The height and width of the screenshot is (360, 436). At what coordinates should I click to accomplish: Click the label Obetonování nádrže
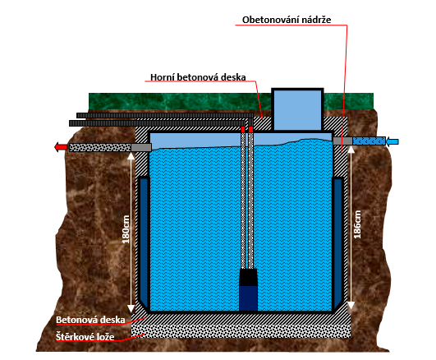click(x=287, y=20)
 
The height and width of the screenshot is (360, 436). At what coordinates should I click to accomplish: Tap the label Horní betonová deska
click(x=198, y=77)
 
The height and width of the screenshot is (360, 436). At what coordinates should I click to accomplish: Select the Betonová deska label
click(x=90, y=320)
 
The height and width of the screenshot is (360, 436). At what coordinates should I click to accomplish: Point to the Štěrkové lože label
click(x=85, y=337)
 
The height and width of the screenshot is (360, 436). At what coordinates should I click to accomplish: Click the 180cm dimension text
click(x=126, y=229)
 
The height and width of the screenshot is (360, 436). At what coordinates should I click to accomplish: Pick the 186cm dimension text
click(x=357, y=224)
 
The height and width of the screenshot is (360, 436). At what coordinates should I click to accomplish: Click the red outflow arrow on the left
click(x=61, y=147)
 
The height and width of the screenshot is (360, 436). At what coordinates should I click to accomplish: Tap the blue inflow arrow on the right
click(x=392, y=141)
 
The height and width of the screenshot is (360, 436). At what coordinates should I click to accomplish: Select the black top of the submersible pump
click(x=248, y=277)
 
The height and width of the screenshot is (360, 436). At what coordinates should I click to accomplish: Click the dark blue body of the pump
click(x=248, y=298)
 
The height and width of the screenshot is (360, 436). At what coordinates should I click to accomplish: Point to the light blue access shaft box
click(x=297, y=109)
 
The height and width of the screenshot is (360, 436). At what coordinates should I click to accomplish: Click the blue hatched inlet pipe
click(x=369, y=141)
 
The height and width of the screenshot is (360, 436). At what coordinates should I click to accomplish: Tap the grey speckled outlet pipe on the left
click(x=100, y=148)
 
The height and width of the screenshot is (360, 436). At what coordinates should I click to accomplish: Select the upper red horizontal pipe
click(x=165, y=116)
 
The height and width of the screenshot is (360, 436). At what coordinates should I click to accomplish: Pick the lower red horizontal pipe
click(x=157, y=123)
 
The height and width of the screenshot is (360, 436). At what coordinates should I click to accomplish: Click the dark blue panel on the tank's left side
click(x=144, y=239)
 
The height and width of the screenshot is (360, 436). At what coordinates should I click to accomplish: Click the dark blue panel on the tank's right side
click(x=337, y=239)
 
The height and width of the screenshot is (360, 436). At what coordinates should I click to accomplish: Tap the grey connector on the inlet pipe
click(x=342, y=141)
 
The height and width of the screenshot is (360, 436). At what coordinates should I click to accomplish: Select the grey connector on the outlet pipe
click(x=141, y=148)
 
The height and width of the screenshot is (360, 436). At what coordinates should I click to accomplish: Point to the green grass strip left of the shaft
click(x=180, y=101)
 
